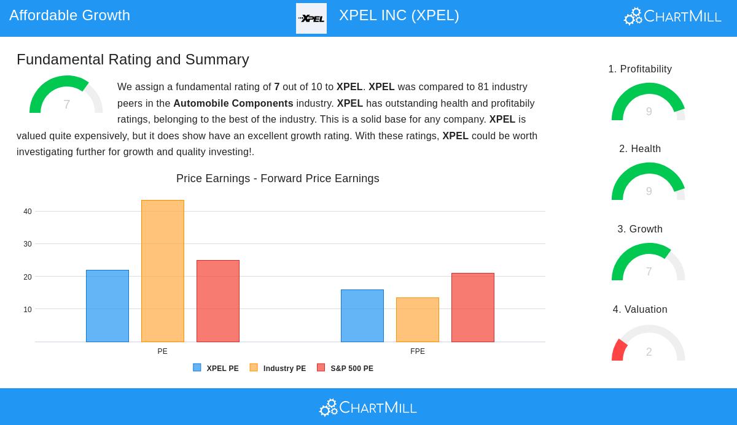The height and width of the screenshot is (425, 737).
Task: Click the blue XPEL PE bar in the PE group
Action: point(107,306)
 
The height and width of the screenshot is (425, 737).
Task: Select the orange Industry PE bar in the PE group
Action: point(163,271)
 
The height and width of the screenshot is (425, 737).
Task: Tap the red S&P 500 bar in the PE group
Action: point(218,301)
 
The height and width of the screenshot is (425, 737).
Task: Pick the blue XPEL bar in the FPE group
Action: point(362,316)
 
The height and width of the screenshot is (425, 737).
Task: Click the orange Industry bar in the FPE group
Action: point(418,320)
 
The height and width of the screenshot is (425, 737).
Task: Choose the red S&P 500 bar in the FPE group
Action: point(473,307)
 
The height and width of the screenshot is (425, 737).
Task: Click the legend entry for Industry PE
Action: point(278,369)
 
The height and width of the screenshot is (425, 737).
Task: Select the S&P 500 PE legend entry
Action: point(345,369)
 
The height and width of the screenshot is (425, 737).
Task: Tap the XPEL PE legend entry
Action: point(216,369)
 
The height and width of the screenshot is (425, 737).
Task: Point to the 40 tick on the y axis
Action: point(28,212)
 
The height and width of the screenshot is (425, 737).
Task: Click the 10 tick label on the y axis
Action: point(28,310)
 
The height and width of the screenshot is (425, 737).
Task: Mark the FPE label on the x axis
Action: point(418,351)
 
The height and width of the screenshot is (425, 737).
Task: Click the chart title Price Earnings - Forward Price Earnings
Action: point(278,178)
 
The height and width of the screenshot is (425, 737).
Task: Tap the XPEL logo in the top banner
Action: point(311,18)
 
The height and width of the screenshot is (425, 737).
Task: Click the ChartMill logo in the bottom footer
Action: point(368,407)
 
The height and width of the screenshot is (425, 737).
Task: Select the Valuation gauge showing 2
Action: point(649,343)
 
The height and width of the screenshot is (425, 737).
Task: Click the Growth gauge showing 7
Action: point(649,263)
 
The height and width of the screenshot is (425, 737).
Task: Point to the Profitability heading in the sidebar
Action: point(640,69)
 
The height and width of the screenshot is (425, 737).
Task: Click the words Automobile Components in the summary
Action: point(233,104)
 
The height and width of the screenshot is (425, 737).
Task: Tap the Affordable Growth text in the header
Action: point(70,15)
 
